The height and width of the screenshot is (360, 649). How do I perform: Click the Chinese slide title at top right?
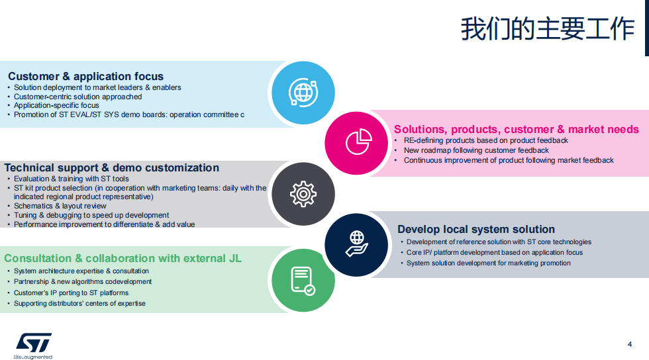[548, 29]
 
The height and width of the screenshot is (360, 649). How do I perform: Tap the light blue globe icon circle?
[303, 93]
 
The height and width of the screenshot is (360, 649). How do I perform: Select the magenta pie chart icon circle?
[356, 143]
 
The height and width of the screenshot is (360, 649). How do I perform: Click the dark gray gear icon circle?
[303, 194]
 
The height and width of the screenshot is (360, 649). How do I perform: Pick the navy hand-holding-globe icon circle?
[356, 245]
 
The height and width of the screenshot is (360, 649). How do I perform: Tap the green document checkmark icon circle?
[303, 280]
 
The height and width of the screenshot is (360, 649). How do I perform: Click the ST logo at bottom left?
[34, 343]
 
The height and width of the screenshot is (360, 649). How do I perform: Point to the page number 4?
[630, 344]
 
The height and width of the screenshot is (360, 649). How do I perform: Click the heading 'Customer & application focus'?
[85, 76]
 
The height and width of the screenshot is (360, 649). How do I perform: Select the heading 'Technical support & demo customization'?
[112, 167]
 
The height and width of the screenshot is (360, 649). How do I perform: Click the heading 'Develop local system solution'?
[476, 229]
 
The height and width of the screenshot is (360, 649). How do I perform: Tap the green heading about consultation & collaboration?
[123, 258]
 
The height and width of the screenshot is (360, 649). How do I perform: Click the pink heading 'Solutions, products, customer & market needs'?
[516, 129]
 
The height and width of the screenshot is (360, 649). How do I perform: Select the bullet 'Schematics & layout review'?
[60, 206]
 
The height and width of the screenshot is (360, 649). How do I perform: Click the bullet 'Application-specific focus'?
[56, 105]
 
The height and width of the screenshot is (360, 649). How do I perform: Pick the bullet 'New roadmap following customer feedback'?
[476, 150]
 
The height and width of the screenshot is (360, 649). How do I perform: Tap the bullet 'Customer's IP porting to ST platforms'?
[72, 293]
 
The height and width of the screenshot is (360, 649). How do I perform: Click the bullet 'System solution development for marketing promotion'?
[489, 263]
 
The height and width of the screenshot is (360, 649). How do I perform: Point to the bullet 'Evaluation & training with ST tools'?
[72, 179]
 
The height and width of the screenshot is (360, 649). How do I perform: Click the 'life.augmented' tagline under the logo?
[32, 357]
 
